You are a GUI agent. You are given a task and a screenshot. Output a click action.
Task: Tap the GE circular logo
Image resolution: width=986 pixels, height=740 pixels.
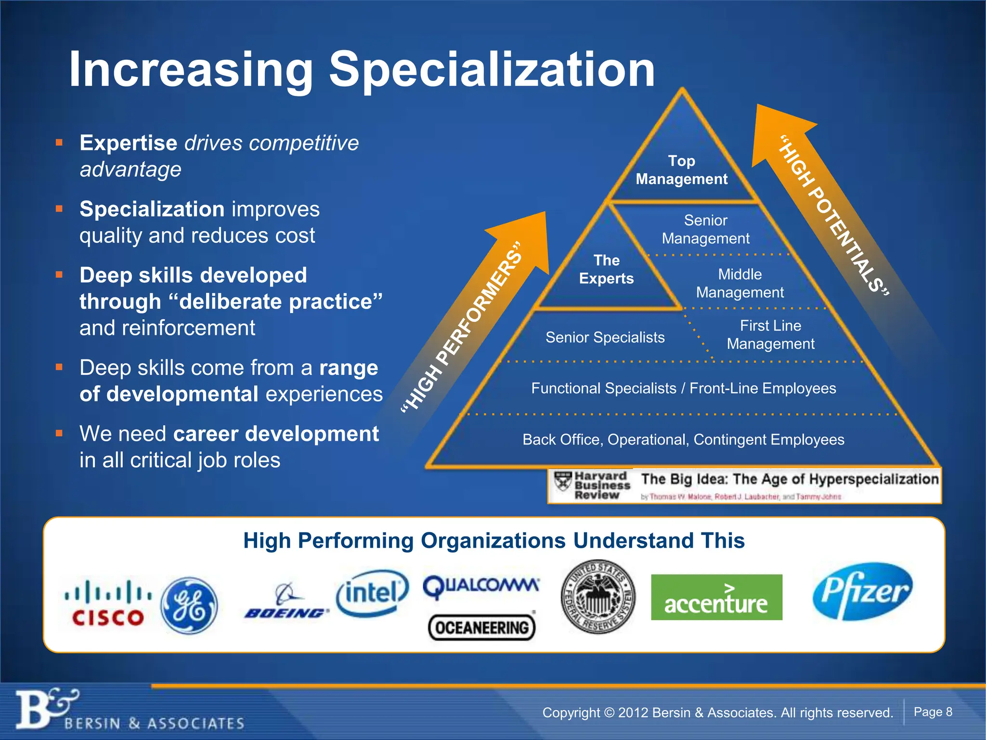coord(189,606)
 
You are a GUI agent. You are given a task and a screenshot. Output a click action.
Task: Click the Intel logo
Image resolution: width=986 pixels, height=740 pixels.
coord(372,594)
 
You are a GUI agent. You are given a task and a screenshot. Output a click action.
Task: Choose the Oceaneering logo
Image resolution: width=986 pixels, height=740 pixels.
coord(481,627)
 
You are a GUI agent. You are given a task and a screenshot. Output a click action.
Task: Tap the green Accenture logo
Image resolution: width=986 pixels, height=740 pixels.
coord(716,597)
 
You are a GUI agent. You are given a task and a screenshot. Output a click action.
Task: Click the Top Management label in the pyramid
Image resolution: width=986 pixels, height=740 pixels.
coord(682,170)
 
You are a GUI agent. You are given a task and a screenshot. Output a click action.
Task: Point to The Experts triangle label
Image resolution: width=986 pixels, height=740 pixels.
coord(606,269)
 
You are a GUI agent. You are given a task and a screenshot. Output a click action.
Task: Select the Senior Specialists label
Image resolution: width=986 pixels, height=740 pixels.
coord(605,337)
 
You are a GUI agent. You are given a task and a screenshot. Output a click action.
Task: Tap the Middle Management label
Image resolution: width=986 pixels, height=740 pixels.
coord(739,283)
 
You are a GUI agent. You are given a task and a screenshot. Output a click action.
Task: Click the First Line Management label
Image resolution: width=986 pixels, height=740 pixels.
coord(770,335)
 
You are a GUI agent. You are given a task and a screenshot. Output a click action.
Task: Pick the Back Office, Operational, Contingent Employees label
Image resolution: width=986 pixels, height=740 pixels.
coord(683,439)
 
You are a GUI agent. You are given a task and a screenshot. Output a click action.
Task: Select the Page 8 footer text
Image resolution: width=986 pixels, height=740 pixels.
coord(933,712)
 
